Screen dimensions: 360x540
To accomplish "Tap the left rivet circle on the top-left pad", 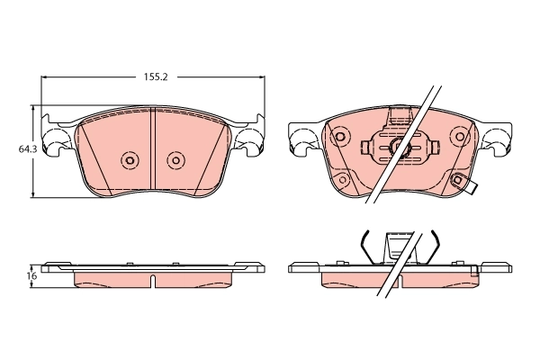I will click(x=129, y=161).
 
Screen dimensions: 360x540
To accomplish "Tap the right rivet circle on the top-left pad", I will click(x=175, y=161).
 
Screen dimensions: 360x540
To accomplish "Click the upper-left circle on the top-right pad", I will click(x=340, y=138).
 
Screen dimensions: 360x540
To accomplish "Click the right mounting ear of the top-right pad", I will click(x=498, y=140).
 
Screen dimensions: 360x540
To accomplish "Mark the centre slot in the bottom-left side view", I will click(x=153, y=280).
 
